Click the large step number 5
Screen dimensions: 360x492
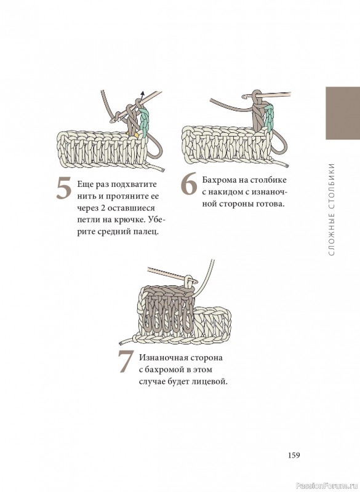click(x=64, y=188)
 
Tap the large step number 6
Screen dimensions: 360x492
click(x=190, y=183)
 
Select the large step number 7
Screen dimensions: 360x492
click(x=126, y=362)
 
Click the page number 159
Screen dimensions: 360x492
click(x=294, y=455)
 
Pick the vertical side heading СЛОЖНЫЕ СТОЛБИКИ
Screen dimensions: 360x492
click(x=332, y=209)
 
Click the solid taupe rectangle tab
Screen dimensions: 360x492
click(x=343, y=113)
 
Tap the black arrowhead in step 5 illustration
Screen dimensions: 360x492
click(x=142, y=93)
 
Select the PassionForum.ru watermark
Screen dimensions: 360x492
click(x=327, y=486)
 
